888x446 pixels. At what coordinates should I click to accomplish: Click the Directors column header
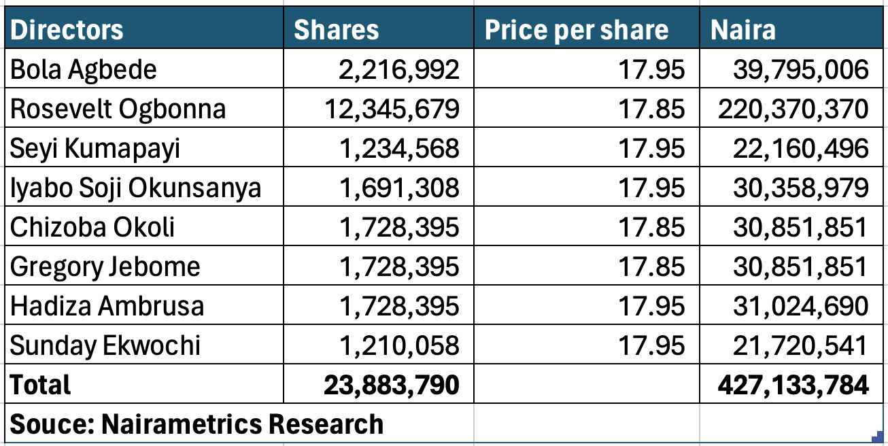67,29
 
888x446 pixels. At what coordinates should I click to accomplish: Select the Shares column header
336,29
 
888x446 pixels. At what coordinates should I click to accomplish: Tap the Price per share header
576,29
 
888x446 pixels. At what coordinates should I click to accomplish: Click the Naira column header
742,29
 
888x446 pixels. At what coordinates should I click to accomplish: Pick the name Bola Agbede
83,69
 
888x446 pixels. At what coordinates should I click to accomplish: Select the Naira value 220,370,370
793,109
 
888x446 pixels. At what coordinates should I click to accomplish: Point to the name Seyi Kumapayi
95,148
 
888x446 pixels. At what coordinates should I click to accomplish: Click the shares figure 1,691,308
399,188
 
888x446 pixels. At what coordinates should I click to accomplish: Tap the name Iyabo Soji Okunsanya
135,188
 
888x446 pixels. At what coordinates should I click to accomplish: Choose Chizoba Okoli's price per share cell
652,227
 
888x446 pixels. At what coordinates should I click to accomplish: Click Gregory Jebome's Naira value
800,267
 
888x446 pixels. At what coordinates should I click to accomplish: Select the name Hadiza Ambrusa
107,306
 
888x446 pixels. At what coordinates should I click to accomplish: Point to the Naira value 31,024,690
800,306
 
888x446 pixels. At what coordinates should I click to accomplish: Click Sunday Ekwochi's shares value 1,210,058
399,345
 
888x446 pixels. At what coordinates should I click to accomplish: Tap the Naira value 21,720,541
800,345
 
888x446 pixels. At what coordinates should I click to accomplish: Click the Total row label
40,385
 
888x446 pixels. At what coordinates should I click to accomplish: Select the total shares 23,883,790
392,385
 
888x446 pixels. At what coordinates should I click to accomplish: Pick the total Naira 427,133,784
793,385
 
